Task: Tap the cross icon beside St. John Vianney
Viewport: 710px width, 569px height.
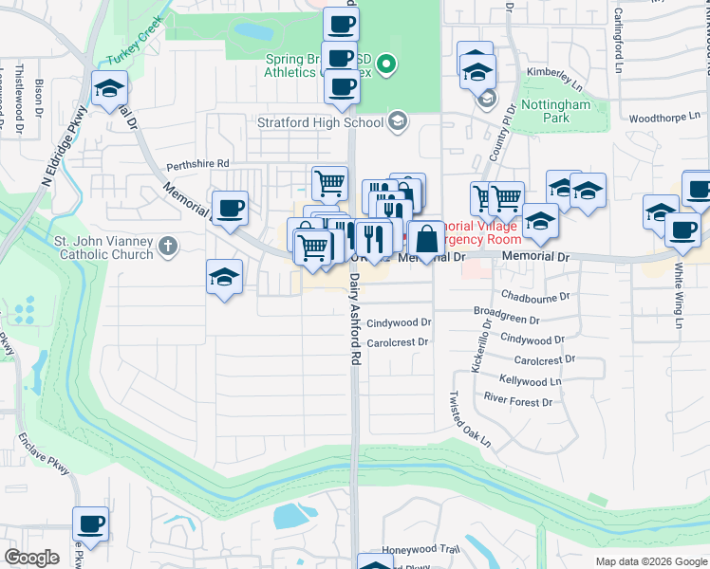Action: click(x=168, y=247)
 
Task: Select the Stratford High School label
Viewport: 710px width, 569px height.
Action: click(x=320, y=121)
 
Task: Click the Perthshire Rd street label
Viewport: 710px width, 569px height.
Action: click(x=198, y=164)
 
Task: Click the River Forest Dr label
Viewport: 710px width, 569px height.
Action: click(x=517, y=401)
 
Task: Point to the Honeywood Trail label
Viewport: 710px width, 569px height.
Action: click(x=420, y=549)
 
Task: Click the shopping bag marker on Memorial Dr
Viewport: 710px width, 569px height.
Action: click(x=428, y=239)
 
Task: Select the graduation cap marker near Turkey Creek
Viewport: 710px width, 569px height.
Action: click(x=110, y=89)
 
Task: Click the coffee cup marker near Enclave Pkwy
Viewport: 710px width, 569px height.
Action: click(x=91, y=524)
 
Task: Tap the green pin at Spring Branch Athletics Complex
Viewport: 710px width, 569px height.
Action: click(x=385, y=65)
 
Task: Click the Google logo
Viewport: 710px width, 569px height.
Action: click(x=32, y=558)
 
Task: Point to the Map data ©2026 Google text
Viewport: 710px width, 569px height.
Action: click(x=650, y=561)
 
